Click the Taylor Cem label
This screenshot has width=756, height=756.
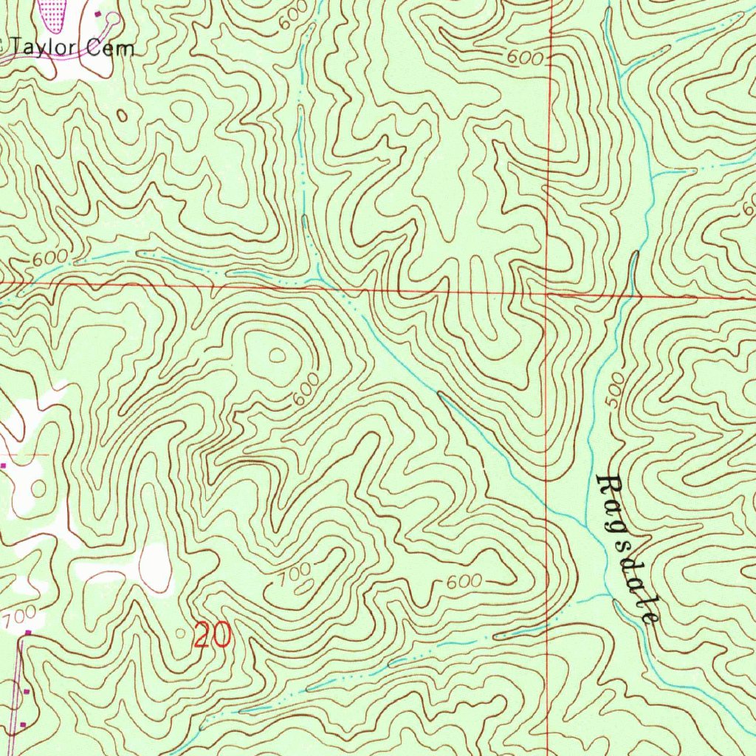pyautogui.click(x=72, y=49)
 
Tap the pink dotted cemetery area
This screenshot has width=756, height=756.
pyautogui.click(x=53, y=13)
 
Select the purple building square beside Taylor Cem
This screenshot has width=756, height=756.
pyautogui.click(x=98, y=13)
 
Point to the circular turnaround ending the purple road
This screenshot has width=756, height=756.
pyautogui.click(x=112, y=17)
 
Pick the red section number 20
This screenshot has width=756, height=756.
pyautogui.click(x=213, y=635)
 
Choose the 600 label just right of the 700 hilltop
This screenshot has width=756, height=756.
pyautogui.click(x=464, y=582)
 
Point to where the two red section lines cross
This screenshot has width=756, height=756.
pyautogui.click(x=548, y=293)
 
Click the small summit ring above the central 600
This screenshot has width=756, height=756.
pyautogui.click(x=278, y=356)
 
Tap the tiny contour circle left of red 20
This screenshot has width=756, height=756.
pyautogui.click(x=182, y=633)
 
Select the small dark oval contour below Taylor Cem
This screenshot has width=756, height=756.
pyautogui.click(x=123, y=115)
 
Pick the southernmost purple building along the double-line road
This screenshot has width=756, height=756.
pyautogui.click(x=23, y=724)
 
